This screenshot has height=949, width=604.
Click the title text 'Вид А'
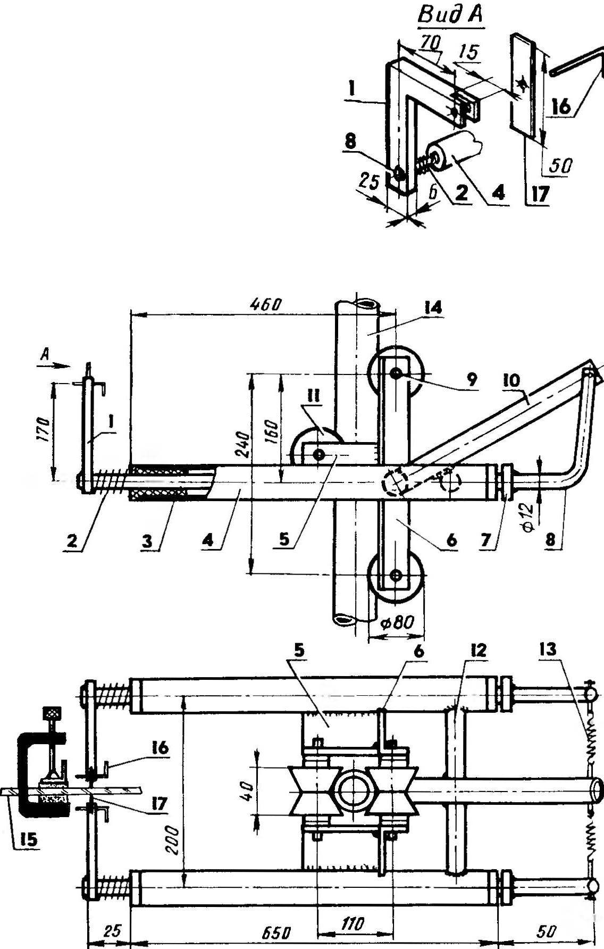click(450, 15)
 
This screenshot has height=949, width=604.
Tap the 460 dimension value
click(265, 305)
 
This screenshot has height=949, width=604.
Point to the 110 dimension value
click(351, 924)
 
